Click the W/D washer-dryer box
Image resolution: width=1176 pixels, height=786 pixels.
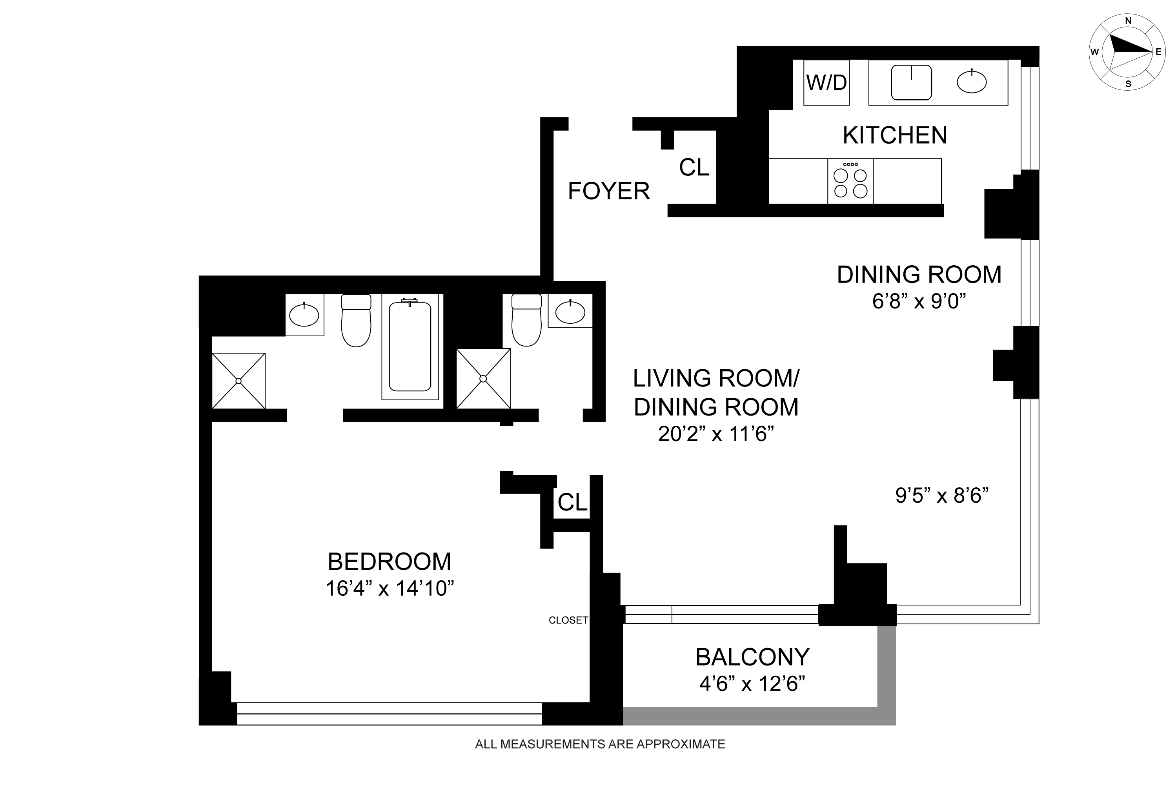pyautogui.click(x=826, y=82)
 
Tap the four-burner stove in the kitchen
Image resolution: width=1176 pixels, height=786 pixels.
pyautogui.click(x=850, y=181)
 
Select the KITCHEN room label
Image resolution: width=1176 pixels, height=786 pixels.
pyautogui.click(x=895, y=135)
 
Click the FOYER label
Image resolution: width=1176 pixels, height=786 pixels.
pyautogui.click(x=609, y=191)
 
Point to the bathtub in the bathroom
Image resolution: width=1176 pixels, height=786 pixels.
pyautogui.click(x=410, y=346)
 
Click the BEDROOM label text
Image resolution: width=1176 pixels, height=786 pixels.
pyautogui.click(x=390, y=562)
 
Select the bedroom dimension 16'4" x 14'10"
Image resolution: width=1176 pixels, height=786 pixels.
pyautogui.click(x=390, y=589)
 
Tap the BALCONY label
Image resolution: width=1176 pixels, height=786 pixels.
pyautogui.click(x=753, y=657)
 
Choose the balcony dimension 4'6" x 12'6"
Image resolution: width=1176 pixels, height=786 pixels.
pyautogui.click(x=752, y=684)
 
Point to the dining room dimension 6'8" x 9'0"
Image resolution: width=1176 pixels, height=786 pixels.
pyautogui.click(x=919, y=301)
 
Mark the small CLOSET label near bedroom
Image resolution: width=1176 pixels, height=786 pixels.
pyautogui.click(x=568, y=620)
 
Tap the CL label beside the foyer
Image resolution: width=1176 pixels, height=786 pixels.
pyautogui.click(x=694, y=168)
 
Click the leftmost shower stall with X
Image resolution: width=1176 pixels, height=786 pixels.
pyautogui.click(x=238, y=381)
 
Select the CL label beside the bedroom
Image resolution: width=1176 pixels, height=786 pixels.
pyautogui.click(x=572, y=502)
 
